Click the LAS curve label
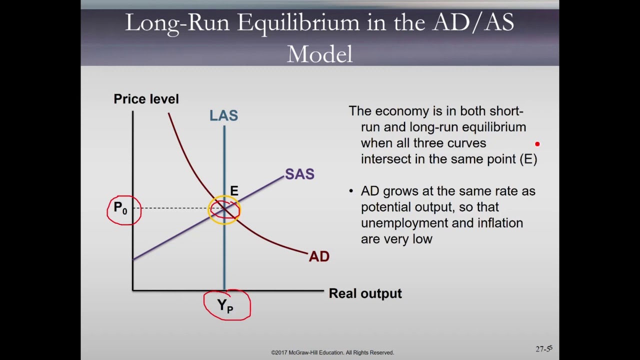[x=223, y=115]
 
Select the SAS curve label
[x=299, y=174]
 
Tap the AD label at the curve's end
[x=319, y=256]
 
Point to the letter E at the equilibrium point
[x=234, y=191]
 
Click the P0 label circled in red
[x=120, y=208]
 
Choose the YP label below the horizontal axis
[x=225, y=305]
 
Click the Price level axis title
[x=146, y=99]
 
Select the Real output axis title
[x=365, y=293]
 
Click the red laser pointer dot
[x=537, y=144]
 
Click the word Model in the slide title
[x=319, y=54]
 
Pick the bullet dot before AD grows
[x=351, y=191]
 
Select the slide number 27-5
[x=543, y=348]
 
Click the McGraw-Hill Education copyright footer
[x=332, y=352]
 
